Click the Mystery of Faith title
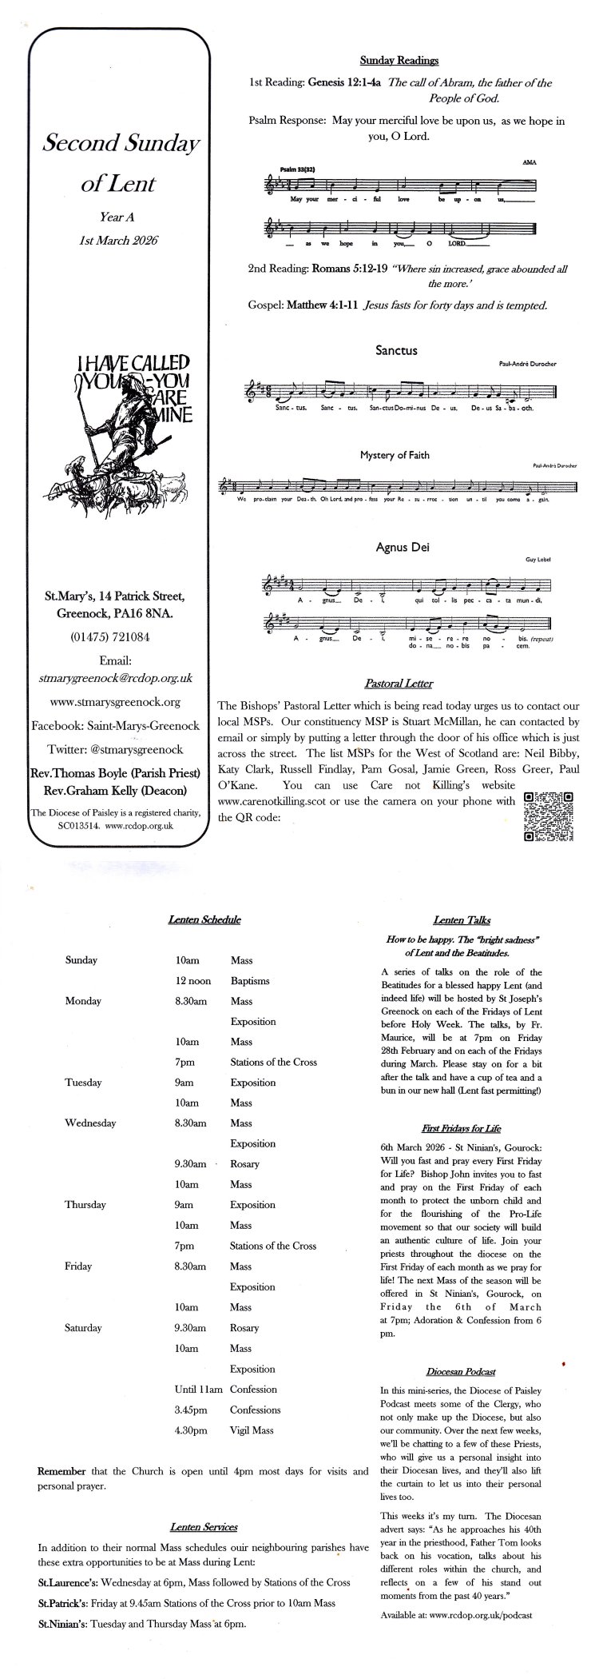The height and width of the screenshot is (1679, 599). (395, 455)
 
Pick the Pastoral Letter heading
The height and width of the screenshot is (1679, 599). (399, 684)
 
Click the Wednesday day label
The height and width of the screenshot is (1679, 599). (90, 1123)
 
